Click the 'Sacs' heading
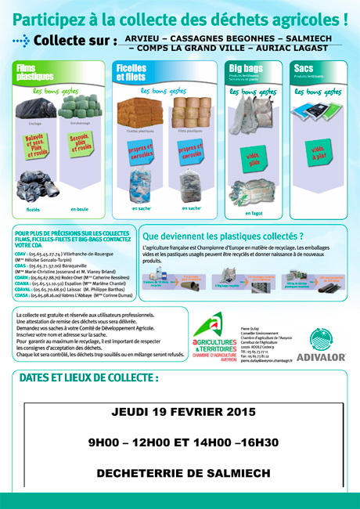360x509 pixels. coord(303,69)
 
